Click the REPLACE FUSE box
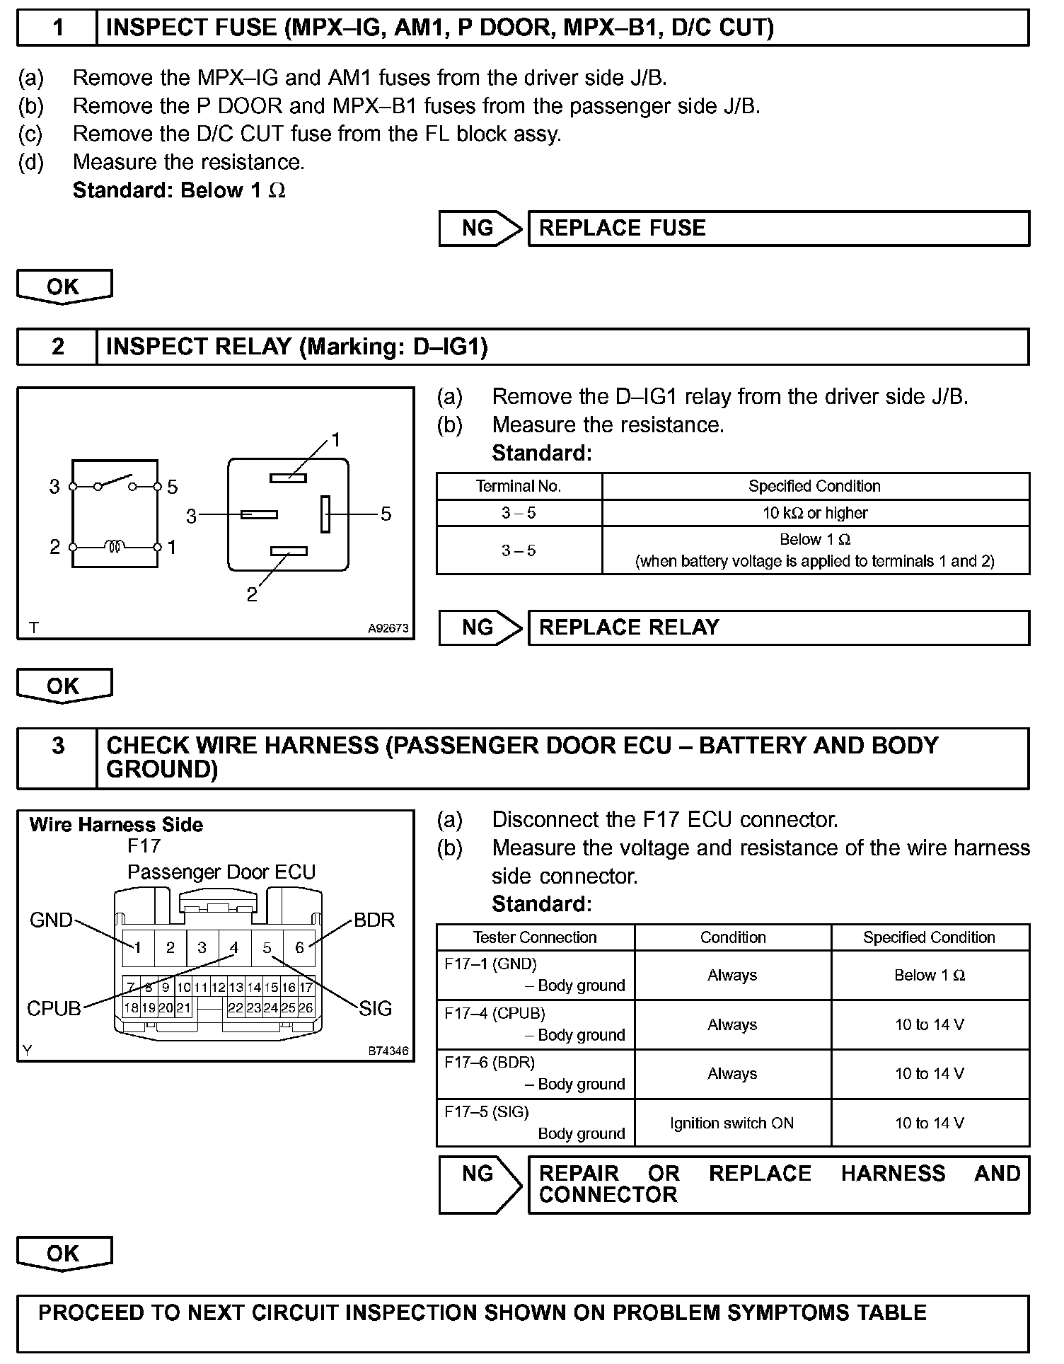pos(778,229)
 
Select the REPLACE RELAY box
pos(778,628)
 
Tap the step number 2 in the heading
pos(57,347)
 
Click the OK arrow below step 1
pos(64,287)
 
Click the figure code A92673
pos(388,628)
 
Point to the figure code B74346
pos(388,1051)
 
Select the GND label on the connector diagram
pos(51,920)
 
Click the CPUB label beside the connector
pos(54,1008)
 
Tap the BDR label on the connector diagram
pos(374,920)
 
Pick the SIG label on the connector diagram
pos(375,1008)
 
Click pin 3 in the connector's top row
pos(202,948)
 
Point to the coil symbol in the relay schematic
pos(115,547)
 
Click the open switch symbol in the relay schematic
pos(115,482)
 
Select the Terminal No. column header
pos(519,486)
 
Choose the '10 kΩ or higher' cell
pos(815,513)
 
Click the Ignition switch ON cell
pos(732,1123)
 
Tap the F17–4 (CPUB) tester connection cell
pos(535,1024)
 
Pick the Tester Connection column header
pos(535,937)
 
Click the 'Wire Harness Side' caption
pos(116,825)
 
